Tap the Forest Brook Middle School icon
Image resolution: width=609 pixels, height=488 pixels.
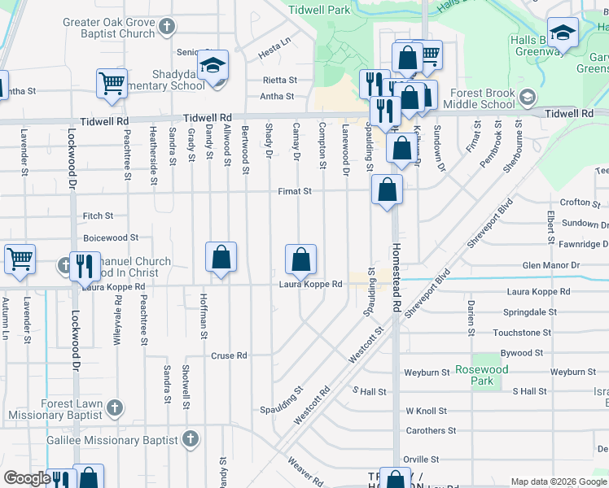(x=528, y=98)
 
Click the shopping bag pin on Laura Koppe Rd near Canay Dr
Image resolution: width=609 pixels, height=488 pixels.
(x=301, y=260)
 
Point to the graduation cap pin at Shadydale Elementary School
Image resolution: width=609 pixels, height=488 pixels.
(x=213, y=65)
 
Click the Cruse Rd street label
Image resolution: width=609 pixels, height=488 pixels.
(x=229, y=355)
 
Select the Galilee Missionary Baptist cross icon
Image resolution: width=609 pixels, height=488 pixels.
(x=191, y=439)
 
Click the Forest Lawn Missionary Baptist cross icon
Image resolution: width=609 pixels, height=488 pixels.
(x=115, y=406)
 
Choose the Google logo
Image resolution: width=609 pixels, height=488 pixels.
(x=27, y=478)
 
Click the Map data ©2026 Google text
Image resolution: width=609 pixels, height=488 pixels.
(x=558, y=481)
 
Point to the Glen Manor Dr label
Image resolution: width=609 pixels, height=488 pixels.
(x=550, y=265)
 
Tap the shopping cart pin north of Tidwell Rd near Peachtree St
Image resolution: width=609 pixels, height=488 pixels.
(x=112, y=82)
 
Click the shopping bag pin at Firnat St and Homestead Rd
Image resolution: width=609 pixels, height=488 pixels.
(x=388, y=190)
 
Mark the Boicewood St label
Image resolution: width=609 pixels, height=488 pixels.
(x=111, y=237)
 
